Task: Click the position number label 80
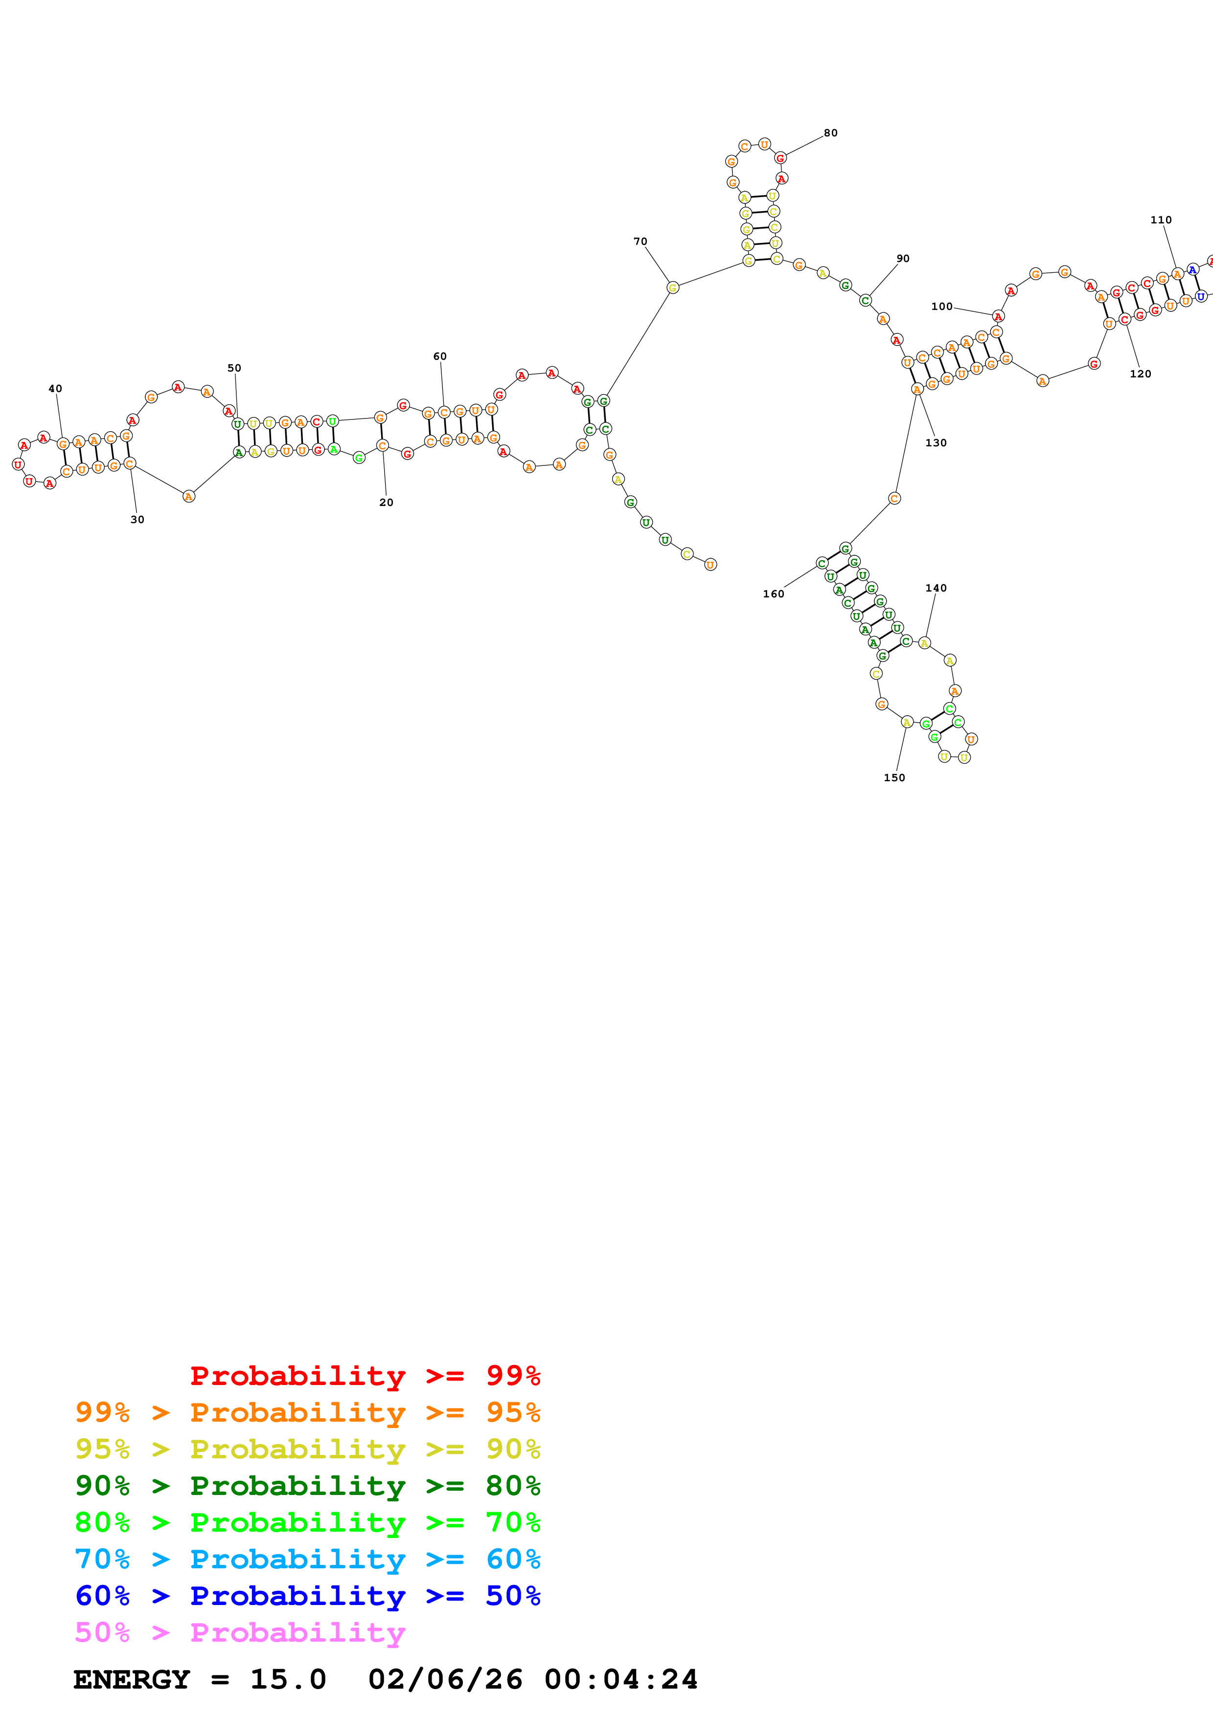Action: [x=830, y=133]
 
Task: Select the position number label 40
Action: [x=55, y=388]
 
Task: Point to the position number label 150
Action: [x=894, y=778]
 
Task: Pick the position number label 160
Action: [x=774, y=594]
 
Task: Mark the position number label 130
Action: [x=936, y=443]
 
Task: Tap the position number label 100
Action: [x=942, y=306]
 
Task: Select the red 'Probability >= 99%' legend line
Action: [x=366, y=1376]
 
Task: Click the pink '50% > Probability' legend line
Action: [x=240, y=1633]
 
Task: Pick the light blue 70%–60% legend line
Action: [x=308, y=1560]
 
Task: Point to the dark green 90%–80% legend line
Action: [x=308, y=1486]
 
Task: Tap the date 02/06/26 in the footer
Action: [x=445, y=1680]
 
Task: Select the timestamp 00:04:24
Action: [x=621, y=1680]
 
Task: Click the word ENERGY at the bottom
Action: [x=132, y=1680]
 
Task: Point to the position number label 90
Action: [x=903, y=259]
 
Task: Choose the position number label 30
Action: [x=137, y=520]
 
